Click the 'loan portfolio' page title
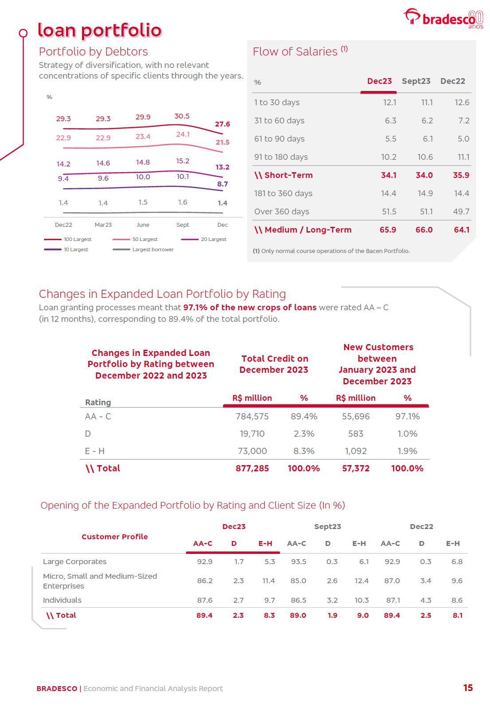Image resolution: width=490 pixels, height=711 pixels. pos(100,30)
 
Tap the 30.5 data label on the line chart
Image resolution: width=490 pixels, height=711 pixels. pos(182,116)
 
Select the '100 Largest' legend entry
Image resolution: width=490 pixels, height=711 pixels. pos(77,239)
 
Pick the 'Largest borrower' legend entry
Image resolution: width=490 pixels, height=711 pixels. pos(153,249)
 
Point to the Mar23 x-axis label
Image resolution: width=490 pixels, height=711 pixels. pos(103,225)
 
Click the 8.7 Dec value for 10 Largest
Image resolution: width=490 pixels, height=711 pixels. pos(223,184)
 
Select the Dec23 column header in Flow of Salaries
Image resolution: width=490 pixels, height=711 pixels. pos(379,81)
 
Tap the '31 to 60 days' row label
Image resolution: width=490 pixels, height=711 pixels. pos(279,121)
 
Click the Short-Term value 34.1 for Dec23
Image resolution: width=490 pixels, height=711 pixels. pos(388,175)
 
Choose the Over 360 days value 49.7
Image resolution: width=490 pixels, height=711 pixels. pos(461,212)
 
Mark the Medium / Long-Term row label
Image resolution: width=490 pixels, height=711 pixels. pos(303,230)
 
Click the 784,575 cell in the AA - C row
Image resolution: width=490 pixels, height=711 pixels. pos(252,416)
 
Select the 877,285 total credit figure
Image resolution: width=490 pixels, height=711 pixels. pos(252,468)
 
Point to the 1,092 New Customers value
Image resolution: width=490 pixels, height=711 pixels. pos(356,451)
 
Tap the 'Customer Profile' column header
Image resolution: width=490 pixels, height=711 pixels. pos(114,537)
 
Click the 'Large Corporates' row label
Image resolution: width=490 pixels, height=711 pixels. pos(74,561)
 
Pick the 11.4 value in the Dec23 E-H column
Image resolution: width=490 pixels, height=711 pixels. pos(269,581)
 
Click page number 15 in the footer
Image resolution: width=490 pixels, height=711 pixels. pos(468,688)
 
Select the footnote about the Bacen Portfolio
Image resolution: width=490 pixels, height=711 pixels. pos(331,251)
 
